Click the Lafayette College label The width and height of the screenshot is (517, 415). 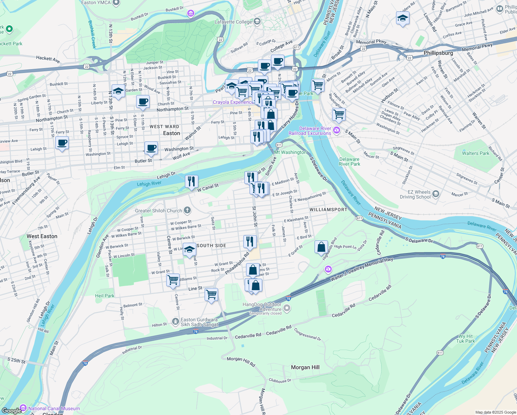click(233, 22)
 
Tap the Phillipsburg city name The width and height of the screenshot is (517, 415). click(438, 53)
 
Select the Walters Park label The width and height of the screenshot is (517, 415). click(476, 153)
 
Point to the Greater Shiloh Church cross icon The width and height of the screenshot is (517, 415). click(187, 210)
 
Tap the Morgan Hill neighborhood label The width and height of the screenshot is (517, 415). click(305, 367)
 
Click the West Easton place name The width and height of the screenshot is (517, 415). click(42, 236)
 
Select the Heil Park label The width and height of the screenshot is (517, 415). click(104, 296)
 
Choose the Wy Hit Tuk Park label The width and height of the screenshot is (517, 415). click(465, 339)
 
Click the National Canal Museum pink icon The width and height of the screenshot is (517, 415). click(23, 408)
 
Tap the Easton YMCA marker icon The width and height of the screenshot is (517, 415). click(116, 3)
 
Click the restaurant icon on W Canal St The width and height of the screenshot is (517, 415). click(191, 181)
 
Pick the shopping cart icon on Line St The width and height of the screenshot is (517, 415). click(211, 294)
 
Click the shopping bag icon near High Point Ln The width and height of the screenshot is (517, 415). click(321, 247)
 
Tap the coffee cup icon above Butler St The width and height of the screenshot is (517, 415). click(151, 148)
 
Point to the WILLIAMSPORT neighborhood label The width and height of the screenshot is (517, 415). click(328, 210)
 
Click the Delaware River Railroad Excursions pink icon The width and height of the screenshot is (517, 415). click(337, 131)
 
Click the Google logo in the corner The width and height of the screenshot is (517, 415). click(12, 411)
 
